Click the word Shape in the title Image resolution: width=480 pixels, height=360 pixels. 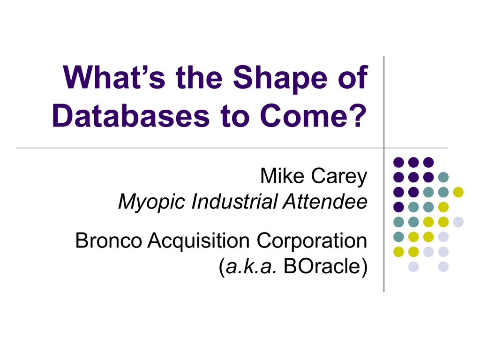[280, 78]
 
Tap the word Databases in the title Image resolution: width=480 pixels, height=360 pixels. [131, 116]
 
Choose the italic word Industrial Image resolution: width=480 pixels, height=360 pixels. [234, 202]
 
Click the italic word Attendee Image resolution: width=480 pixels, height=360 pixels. [325, 202]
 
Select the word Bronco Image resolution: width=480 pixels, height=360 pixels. [109, 240]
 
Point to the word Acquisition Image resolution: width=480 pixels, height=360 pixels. [199, 242]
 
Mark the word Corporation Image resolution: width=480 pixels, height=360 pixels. [312, 242]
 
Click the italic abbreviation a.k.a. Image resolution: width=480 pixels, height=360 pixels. [251, 266]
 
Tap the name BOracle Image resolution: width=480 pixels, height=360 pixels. [322, 266]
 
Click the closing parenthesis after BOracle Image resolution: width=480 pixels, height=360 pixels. [364, 267]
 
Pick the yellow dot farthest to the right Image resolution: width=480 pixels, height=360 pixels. [458, 192]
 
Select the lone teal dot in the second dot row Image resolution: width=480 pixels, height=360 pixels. [443, 177]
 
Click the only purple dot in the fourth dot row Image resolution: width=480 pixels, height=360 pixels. [398, 207]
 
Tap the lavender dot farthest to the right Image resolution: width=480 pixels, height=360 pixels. [458, 222]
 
